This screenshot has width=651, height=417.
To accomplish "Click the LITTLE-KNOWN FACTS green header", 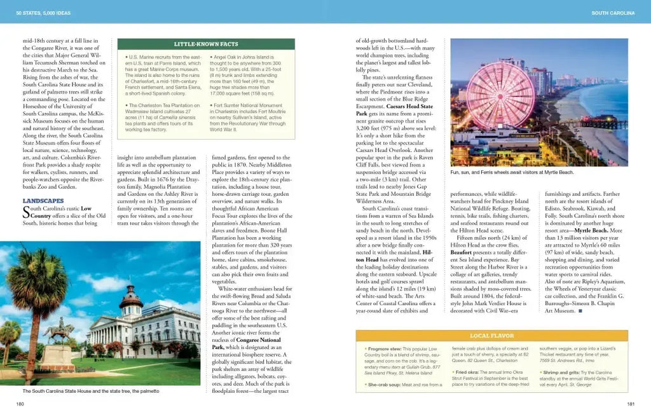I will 206,44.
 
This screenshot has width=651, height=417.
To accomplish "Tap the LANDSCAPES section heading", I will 43,201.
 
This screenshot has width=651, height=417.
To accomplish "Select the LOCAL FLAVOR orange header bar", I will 491,335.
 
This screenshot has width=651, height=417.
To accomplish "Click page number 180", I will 20,404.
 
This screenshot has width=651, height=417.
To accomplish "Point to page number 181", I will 631,404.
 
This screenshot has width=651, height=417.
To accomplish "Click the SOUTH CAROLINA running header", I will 613,13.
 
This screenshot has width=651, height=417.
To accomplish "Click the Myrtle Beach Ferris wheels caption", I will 512,172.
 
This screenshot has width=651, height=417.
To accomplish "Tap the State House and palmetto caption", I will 90,391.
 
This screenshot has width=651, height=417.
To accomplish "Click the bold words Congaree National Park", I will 247,344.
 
